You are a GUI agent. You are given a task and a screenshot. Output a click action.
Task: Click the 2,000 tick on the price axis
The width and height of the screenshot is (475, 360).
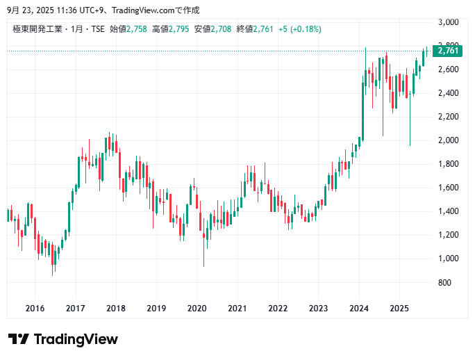(447, 140)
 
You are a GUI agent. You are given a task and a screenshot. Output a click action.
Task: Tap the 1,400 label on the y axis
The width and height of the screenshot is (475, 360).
(447, 211)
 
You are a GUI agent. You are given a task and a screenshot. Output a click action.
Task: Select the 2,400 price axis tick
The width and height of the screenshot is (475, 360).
(447, 93)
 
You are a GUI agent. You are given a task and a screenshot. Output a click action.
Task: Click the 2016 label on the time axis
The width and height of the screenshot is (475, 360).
(35, 308)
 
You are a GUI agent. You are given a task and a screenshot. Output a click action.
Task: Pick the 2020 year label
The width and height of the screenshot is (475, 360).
(197, 308)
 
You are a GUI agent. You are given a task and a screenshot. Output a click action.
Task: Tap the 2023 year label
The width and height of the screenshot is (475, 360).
(318, 308)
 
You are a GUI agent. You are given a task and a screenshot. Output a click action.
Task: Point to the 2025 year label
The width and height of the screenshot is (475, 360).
(399, 308)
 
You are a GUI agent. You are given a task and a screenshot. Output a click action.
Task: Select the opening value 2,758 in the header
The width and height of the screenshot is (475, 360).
(137, 29)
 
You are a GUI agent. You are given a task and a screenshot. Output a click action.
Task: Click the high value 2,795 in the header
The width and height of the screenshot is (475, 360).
(179, 29)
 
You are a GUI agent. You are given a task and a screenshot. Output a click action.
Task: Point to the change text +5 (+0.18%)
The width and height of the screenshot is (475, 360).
(299, 29)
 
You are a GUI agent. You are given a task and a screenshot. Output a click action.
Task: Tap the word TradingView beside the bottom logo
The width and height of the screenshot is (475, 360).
(76, 340)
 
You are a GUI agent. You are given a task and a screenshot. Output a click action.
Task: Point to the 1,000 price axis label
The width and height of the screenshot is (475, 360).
(447, 259)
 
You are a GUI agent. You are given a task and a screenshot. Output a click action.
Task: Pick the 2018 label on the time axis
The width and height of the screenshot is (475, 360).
(116, 308)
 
